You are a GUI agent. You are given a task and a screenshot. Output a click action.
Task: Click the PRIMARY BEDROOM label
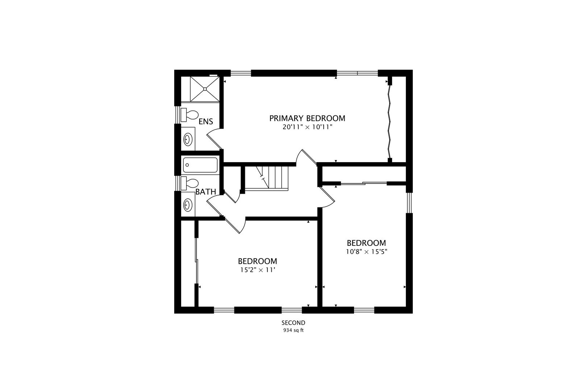pos(307,118)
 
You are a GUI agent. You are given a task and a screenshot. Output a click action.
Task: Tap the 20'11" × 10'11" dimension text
pos(307,127)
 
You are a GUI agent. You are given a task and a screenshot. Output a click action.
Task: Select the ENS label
pos(206,122)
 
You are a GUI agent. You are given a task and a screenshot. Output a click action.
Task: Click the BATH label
pos(206,192)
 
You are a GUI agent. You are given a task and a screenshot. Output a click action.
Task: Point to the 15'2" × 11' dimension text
pos(257,270)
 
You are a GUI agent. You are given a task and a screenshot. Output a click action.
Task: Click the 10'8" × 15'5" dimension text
pos(367,252)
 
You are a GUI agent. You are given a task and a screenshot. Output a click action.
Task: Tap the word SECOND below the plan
pos(293,323)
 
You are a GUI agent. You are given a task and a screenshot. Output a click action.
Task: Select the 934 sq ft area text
pos(293,330)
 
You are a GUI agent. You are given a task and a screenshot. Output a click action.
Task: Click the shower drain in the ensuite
pos(205,89)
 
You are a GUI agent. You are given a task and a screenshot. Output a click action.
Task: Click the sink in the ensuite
pos(188,139)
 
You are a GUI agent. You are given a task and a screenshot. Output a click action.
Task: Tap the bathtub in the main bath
pos(200,165)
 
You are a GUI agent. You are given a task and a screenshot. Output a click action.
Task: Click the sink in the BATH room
pos(188,205)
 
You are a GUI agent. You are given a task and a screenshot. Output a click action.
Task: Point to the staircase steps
pos(272,177)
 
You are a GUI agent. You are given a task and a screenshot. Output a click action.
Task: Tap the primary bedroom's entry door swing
pos(306,157)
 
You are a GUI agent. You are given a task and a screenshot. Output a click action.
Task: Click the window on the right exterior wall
pos(409,203)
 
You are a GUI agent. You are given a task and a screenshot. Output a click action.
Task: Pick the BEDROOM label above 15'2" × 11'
pos(257,261)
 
